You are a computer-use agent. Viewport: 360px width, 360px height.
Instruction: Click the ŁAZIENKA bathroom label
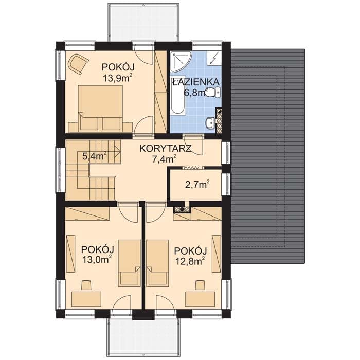point(196,81)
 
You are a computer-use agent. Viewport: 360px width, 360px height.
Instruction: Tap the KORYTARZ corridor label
point(165,149)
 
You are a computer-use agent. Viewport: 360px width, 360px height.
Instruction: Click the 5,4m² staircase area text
point(94,156)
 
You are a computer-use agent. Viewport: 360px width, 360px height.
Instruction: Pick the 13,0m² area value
point(98,260)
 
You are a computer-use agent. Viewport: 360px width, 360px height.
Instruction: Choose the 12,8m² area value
point(190,261)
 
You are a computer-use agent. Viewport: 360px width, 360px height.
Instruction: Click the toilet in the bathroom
point(213,92)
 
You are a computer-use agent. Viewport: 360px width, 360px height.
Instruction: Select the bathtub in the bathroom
point(178,95)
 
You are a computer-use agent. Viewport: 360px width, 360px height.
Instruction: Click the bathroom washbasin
point(210,123)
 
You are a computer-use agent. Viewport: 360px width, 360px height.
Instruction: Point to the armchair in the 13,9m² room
point(79,63)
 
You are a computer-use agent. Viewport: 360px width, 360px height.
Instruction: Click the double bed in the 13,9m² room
point(100,107)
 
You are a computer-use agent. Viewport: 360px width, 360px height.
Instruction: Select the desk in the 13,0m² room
point(86,299)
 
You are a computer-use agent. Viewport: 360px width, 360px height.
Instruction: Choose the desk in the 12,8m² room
point(200,299)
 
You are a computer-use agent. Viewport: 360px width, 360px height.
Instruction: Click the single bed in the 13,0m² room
point(130,263)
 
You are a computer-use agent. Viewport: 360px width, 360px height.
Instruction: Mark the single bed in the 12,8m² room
point(158,263)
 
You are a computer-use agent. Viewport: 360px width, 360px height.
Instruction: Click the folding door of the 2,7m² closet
point(193,168)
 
